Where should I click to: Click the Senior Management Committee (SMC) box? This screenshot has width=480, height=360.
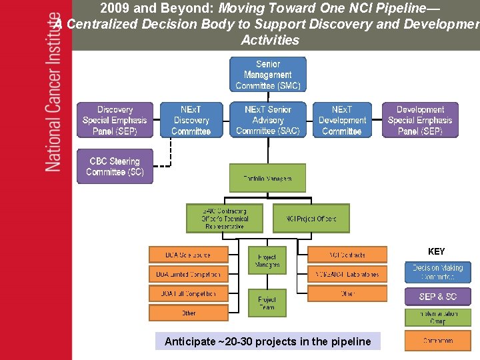[x=268, y=75]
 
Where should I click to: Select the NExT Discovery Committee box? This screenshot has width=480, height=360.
[x=191, y=121]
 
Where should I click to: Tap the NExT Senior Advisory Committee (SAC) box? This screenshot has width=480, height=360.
[x=268, y=121]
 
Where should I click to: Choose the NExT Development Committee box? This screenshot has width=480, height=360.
[x=342, y=121]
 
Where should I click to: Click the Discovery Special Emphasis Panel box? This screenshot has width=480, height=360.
[x=115, y=121]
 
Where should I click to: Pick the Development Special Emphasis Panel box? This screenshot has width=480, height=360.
[x=420, y=121]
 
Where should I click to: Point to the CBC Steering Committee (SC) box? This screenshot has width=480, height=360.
[x=115, y=167]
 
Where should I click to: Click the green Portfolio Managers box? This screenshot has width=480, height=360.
[x=267, y=179]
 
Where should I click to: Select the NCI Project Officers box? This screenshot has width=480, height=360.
[x=311, y=219]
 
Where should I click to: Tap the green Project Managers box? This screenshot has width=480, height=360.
[x=267, y=261]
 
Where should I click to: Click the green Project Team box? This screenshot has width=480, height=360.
[x=267, y=303]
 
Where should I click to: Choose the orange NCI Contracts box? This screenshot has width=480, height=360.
[x=347, y=255]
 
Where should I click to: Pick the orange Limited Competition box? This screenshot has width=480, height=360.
[x=189, y=274]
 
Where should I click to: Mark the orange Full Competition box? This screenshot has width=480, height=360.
[x=189, y=293]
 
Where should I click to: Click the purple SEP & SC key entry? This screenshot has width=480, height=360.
[x=437, y=297]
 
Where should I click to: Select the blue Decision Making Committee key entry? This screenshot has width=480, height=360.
[x=437, y=272]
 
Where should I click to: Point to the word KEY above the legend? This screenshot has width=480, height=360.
[x=437, y=252]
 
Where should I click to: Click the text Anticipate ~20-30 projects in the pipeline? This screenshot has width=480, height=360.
[x=267, y=341]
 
